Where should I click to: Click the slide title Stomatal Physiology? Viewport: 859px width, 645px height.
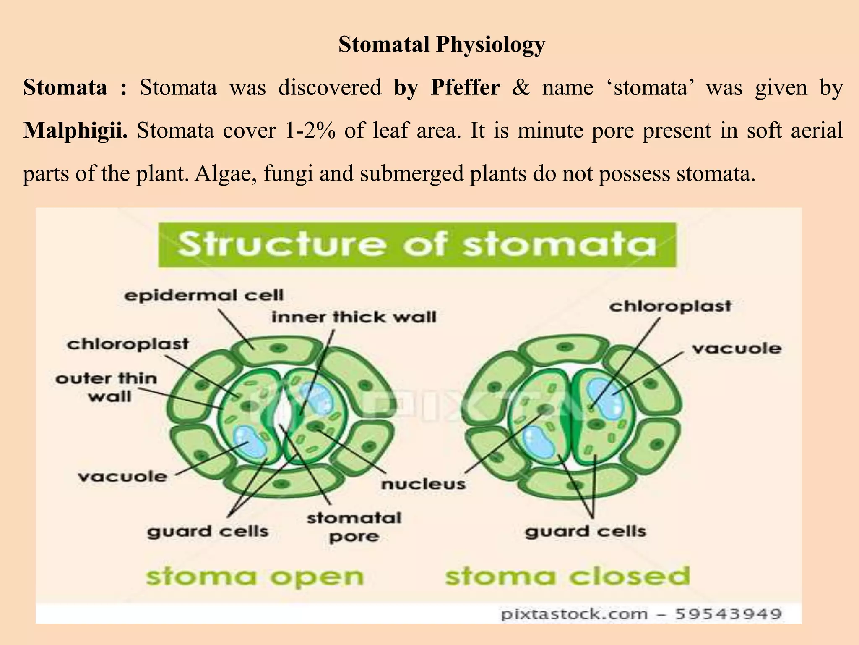coord(442,45)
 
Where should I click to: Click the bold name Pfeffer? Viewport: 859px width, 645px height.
coord(465,87)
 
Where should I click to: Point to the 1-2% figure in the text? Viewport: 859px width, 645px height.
coord(310,130)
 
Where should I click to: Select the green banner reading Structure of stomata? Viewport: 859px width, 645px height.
coord(417,244)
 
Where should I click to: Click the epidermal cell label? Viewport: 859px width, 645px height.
coord(204,295)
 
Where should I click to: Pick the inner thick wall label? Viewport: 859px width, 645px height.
coord(354,317)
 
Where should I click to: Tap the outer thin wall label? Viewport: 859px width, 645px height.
coord(107,387)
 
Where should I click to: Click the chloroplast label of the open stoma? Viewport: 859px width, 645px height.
coord(128,344)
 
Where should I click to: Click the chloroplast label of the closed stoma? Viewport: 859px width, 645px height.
coord(670,306)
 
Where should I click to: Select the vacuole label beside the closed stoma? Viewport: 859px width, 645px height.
coord(736,348)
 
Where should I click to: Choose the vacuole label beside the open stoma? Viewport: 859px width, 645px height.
coord(122,476)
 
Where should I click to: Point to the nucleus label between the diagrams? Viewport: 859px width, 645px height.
coord(423,484)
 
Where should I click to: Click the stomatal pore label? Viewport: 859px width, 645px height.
coord(354,527)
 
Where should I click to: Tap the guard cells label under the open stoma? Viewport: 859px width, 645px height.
coord(208,532)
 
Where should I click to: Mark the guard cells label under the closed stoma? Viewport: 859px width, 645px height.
coord(585,532)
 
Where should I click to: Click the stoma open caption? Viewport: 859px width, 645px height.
coord(254,577)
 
